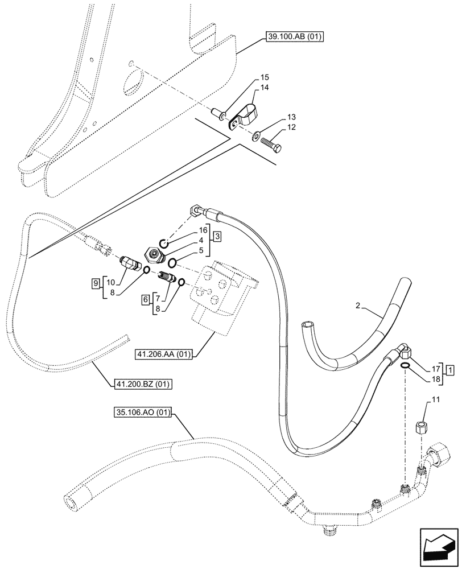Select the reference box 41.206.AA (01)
pyautogui.click(x=164, y=354)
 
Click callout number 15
pyautogui.click(x=265, y=77)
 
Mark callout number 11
pyautogui.click(x=436, y=402)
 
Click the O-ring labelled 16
pyautogui.click(x=164, y=244)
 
